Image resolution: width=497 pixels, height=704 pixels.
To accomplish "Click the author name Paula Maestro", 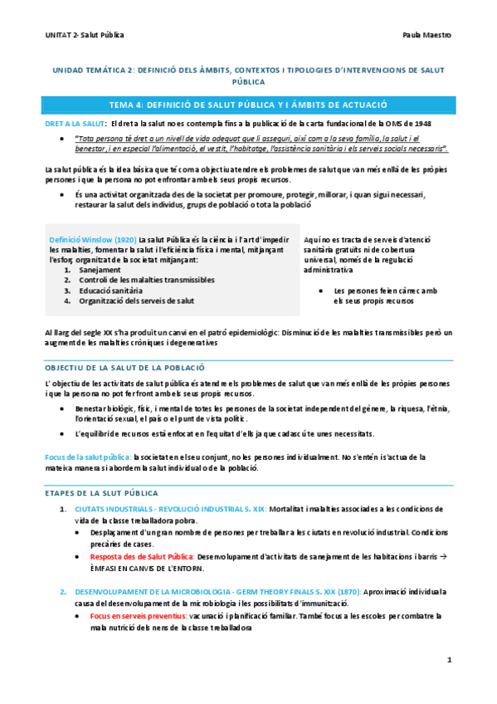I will (425, 36).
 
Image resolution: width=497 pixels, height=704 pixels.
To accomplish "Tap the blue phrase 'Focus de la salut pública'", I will (87, 457).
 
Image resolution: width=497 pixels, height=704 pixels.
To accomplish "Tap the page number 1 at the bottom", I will (449, 661).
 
